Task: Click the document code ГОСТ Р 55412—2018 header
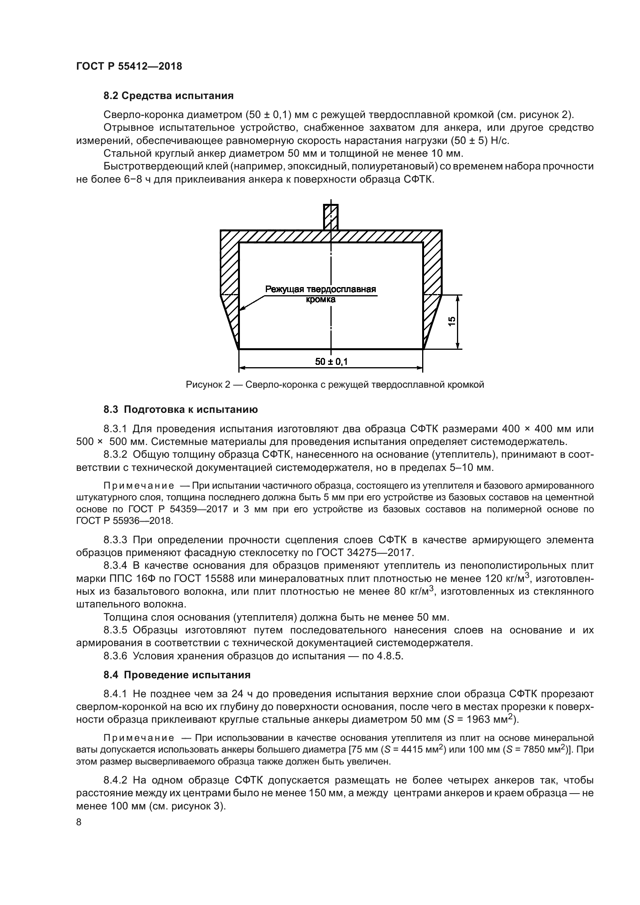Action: [129, 66]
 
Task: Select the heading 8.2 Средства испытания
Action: [168, 96]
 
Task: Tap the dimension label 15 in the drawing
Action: [452, 321]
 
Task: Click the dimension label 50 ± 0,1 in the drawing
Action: [331, 361]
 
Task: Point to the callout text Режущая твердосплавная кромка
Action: [320, 294]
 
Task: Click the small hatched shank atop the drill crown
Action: [330, 217]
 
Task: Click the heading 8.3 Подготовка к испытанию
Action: [180, 409]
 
